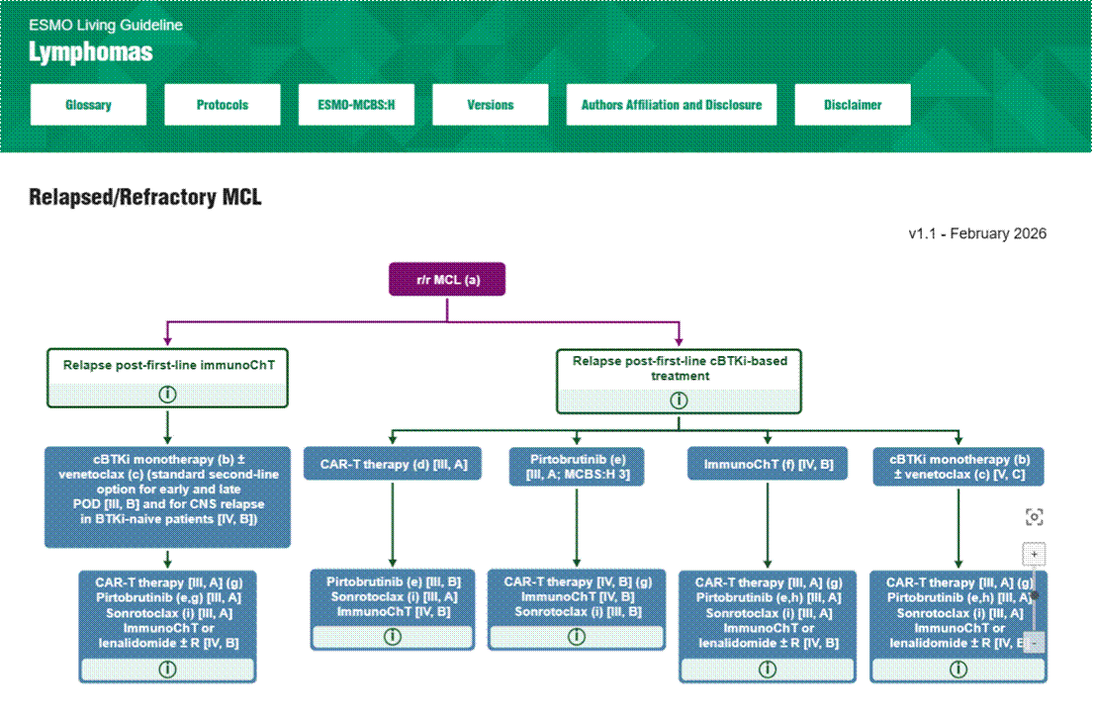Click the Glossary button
[x=88, y=105]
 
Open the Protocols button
[x=223, y=105]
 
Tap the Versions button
[x=491, y=105]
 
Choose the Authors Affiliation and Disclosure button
[x=672, y=105]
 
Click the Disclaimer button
[x=853, y=105]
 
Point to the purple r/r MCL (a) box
[x=447, y=280]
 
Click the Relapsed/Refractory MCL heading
[x=145, y=198]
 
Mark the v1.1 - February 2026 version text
[x=977, y=234]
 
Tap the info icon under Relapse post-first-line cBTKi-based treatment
[x=679, y=401]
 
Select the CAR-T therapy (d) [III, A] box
[x=394, y=464]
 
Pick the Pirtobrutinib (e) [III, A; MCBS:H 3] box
[x=577, y=467]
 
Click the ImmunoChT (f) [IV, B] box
[x=768, y=464]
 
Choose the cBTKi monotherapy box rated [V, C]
[x=957, y=467]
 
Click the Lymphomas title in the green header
[x=91, y=51]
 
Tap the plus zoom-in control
[x=1034, y=554]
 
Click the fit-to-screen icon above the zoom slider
[x=1034, y=517]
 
